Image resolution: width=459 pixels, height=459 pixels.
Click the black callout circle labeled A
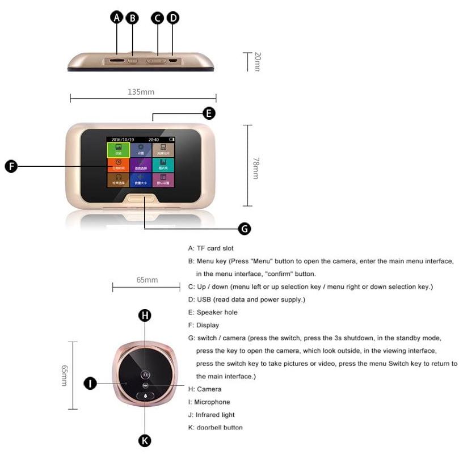click(117, 18)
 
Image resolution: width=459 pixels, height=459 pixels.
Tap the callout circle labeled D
click(172, 18)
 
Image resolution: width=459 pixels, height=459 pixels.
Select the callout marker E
click(209, 113)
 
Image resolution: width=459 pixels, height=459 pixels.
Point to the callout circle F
click(11, 166)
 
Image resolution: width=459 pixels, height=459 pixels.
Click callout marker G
click(244, 229)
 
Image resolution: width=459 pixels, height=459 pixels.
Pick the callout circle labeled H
click(145, 315)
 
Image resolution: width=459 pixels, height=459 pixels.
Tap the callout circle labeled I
click(90, 384)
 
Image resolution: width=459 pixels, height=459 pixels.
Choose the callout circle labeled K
click(145, 440)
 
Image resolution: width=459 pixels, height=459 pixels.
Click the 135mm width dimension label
click(141, 91)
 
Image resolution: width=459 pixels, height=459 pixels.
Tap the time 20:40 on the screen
click(154, 138)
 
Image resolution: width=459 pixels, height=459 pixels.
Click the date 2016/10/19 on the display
click(122, 138)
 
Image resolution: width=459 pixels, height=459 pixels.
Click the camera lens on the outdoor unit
click(145, 375)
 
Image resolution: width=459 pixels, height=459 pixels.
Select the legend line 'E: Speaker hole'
click(213, 313)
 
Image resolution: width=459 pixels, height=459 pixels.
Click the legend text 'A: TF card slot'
click(210, 249)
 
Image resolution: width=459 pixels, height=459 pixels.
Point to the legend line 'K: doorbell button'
click(215, 427)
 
